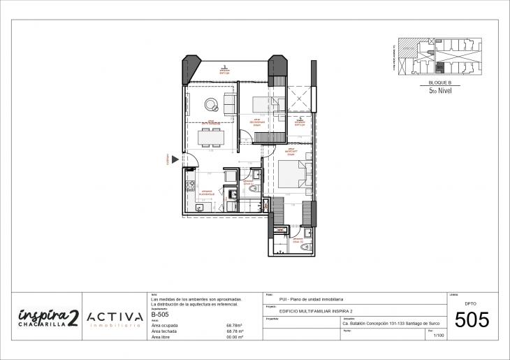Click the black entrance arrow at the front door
pyautogui.click(x=175, y=159)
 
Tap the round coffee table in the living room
pyautogui.click(x=210, y=105)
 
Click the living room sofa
pyautogui.click(x=229, y=104)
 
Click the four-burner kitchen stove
pyautogui.click(x=190, y=187)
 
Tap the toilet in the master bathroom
pyautogui.click(x=305, y=245)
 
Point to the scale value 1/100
pyautogui.click(x=439, y=336)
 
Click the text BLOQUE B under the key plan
pyautogui.click(x=439, y=82)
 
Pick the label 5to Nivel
pyautogui.click(x=439, y=90)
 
